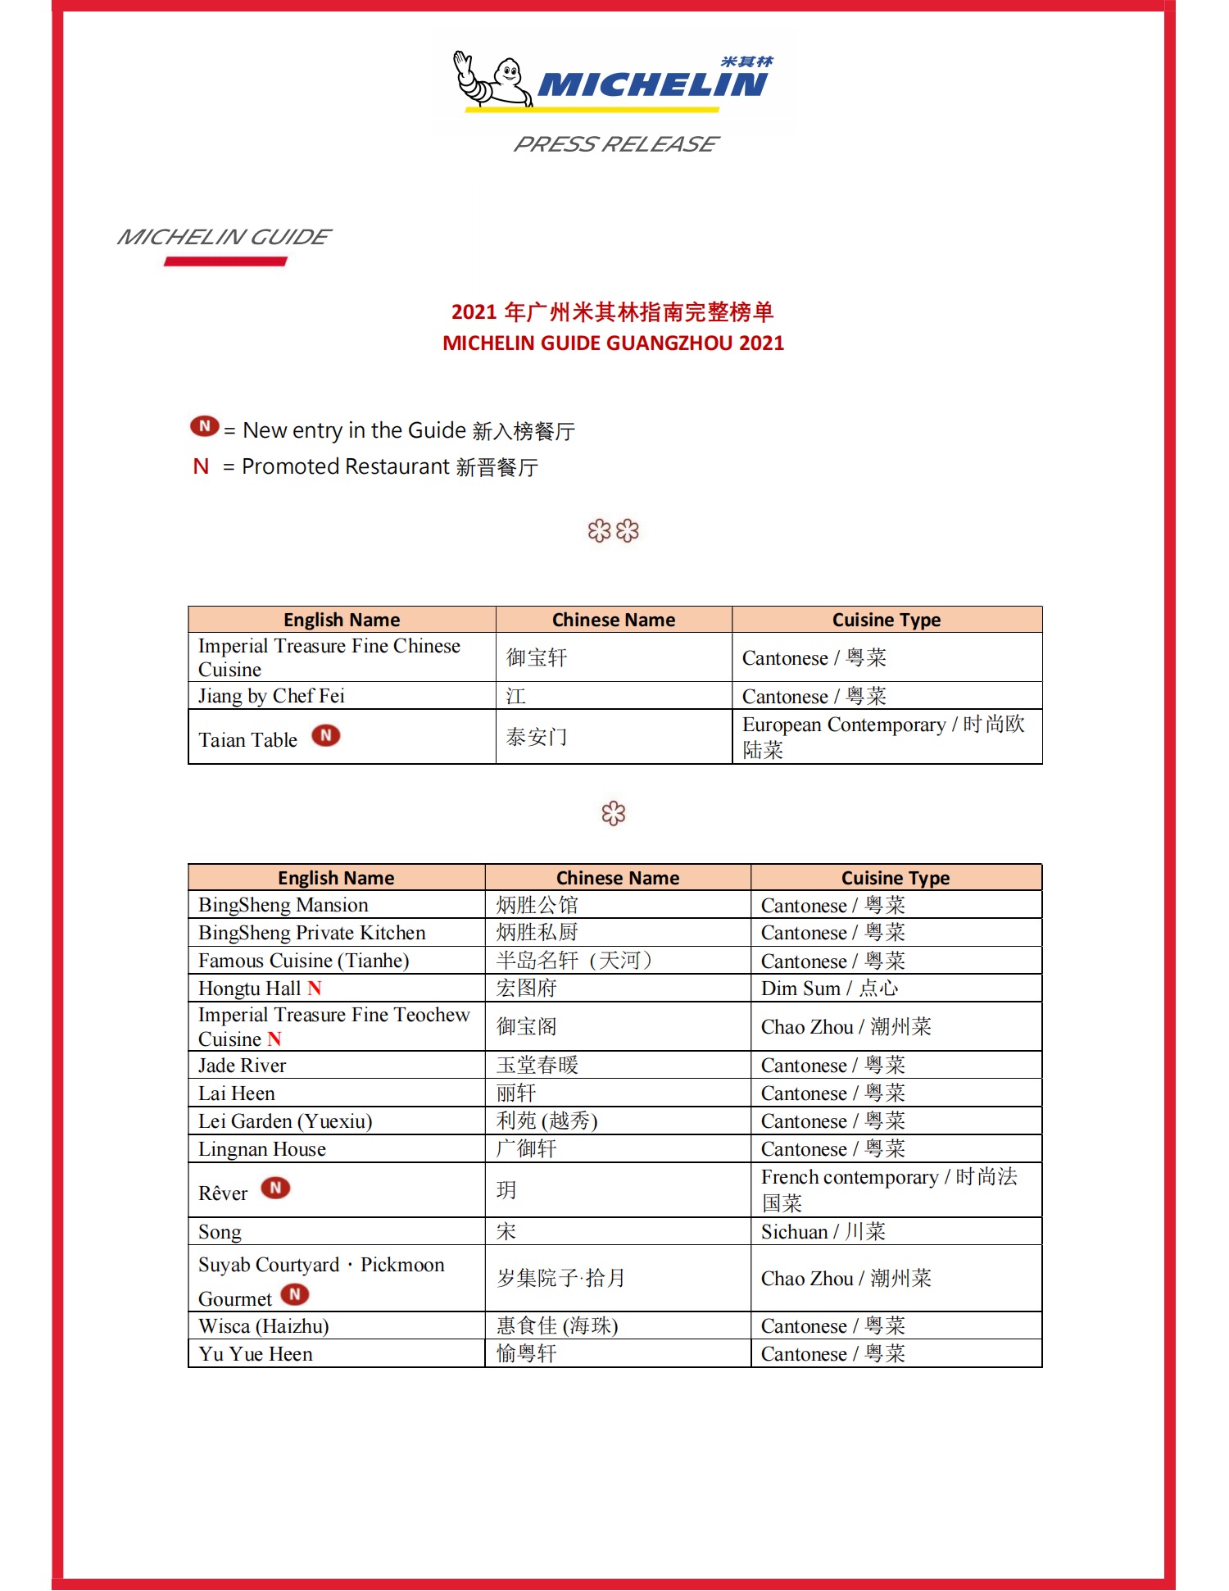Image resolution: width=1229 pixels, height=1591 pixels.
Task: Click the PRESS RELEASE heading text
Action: (x=615, y=144)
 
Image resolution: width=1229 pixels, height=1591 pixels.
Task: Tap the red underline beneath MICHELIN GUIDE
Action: (x=225, y=261)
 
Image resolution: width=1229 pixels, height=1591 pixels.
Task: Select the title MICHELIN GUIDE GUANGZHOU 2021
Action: (x=613, y=343)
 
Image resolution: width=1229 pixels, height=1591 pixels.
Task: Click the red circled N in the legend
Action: (x=204, y=426)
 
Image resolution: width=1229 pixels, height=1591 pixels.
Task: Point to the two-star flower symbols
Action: (x=613, y=531)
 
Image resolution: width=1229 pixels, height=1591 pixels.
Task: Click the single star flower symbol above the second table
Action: (x=613, y=813)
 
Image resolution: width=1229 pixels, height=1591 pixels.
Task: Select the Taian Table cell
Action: (x=248, y=739)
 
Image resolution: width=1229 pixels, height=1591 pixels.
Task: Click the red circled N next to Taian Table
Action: (x=325, y=735)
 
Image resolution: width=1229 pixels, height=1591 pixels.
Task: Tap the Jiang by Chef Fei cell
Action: (x=271, y=696)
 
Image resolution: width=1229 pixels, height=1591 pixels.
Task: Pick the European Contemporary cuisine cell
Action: (x=884, y=736)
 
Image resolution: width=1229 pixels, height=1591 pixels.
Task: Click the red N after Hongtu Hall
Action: (x=315, y=989)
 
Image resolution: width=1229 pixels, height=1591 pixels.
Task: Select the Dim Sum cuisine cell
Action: (x=829, y=989)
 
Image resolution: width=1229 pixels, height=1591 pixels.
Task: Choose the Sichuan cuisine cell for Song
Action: (x=823, y=1231)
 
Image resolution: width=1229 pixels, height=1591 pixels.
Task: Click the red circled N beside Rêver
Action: (x=275, y=1188)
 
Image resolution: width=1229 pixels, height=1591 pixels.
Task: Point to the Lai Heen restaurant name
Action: (x=237, y=1093)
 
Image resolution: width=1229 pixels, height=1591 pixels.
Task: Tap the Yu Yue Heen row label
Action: (x=256, y=1354)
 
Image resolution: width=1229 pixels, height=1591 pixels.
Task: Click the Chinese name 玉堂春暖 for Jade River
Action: (x=537, y=1065)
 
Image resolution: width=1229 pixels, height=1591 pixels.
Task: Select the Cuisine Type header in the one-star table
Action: (x=896, y=878)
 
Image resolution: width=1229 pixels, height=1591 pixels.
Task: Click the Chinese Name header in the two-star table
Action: (x=614, y=620)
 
